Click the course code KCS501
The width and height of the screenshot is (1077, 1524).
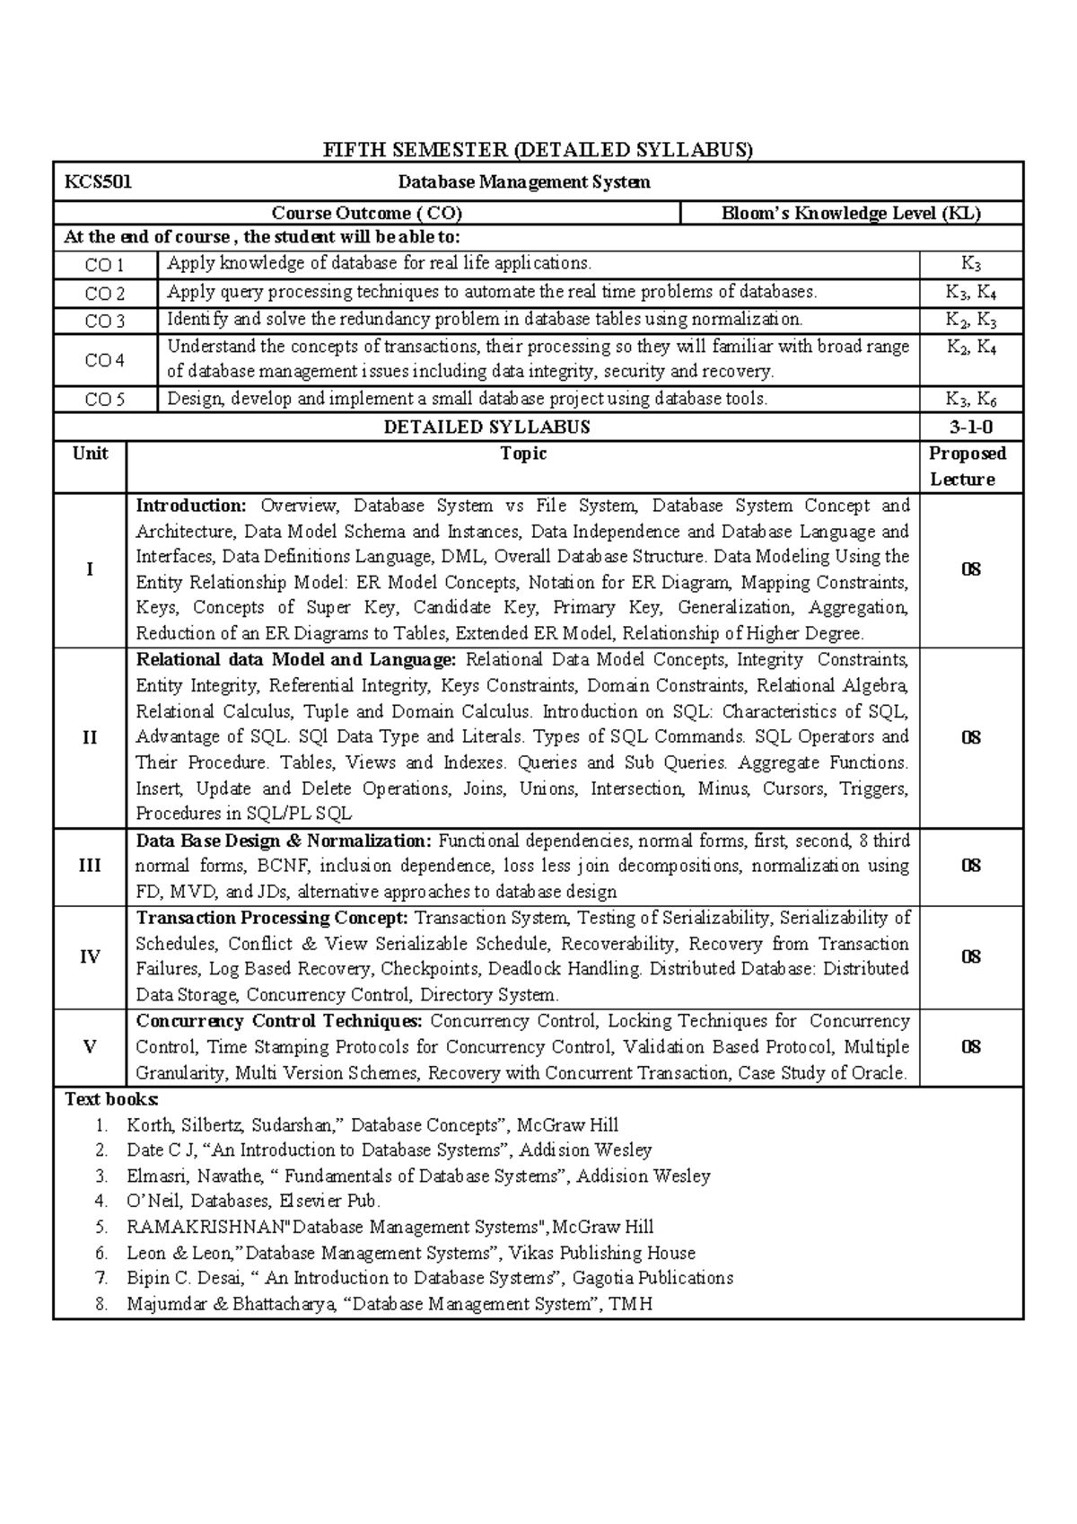click(98, 182)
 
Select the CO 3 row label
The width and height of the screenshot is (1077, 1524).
click(105, 321)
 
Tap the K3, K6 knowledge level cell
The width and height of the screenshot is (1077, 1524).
click(971, 400)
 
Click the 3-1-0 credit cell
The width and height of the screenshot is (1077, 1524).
click(971, 427)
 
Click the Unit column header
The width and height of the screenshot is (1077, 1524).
click(90, 454)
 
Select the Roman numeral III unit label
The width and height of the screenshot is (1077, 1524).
click(90, 866)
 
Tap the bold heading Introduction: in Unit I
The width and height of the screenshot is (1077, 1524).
click(190, 506)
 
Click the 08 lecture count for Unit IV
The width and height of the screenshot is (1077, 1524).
click(971, 956)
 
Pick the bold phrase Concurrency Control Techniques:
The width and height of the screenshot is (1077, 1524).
click(278, 1021)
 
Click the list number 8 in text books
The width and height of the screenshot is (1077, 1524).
click(101, 1304)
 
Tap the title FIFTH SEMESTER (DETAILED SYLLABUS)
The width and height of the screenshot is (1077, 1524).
click(538, 150)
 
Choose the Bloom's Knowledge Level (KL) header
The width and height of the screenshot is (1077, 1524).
click(851, 214)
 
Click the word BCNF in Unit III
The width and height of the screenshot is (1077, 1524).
click(284, 867)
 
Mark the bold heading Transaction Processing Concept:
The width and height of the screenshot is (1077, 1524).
click(272, 918)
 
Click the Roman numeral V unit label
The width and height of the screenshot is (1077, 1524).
click(90, 1047)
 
